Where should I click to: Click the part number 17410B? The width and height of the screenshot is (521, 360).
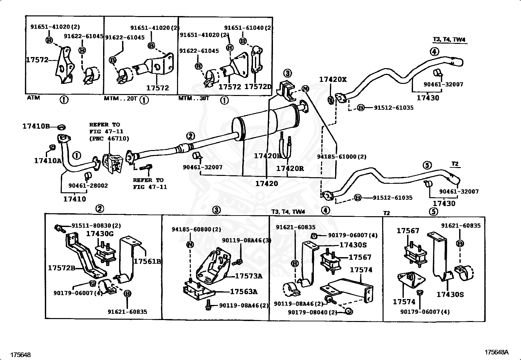tap(36, 126)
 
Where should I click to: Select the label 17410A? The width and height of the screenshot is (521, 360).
tap(48, 161)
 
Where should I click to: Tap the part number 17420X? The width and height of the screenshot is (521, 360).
tap(333, 79)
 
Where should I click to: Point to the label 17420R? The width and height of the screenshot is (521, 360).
tap(290, 168)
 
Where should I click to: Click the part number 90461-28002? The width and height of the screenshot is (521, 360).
tap(88, 185)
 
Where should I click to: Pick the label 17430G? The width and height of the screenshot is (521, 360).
tap(100, 234)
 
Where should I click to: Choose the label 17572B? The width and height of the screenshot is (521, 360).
tap(62, 268)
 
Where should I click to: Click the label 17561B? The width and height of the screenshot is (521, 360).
tap(147, 261)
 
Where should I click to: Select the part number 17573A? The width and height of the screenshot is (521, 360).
tap(249, 276)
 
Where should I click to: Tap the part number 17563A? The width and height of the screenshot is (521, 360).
tap(243, 292)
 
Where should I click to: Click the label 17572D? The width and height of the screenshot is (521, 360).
tap(258, 87)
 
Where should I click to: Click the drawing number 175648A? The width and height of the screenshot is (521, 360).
tap(496, 352)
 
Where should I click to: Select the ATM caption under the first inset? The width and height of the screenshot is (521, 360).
tap(33, 98)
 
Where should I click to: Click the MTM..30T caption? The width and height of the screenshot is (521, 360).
tap(193, 98)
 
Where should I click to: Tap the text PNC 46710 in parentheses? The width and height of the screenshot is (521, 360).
tap(109, 139)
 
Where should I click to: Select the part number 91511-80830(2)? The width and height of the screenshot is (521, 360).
tap(96, 225)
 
